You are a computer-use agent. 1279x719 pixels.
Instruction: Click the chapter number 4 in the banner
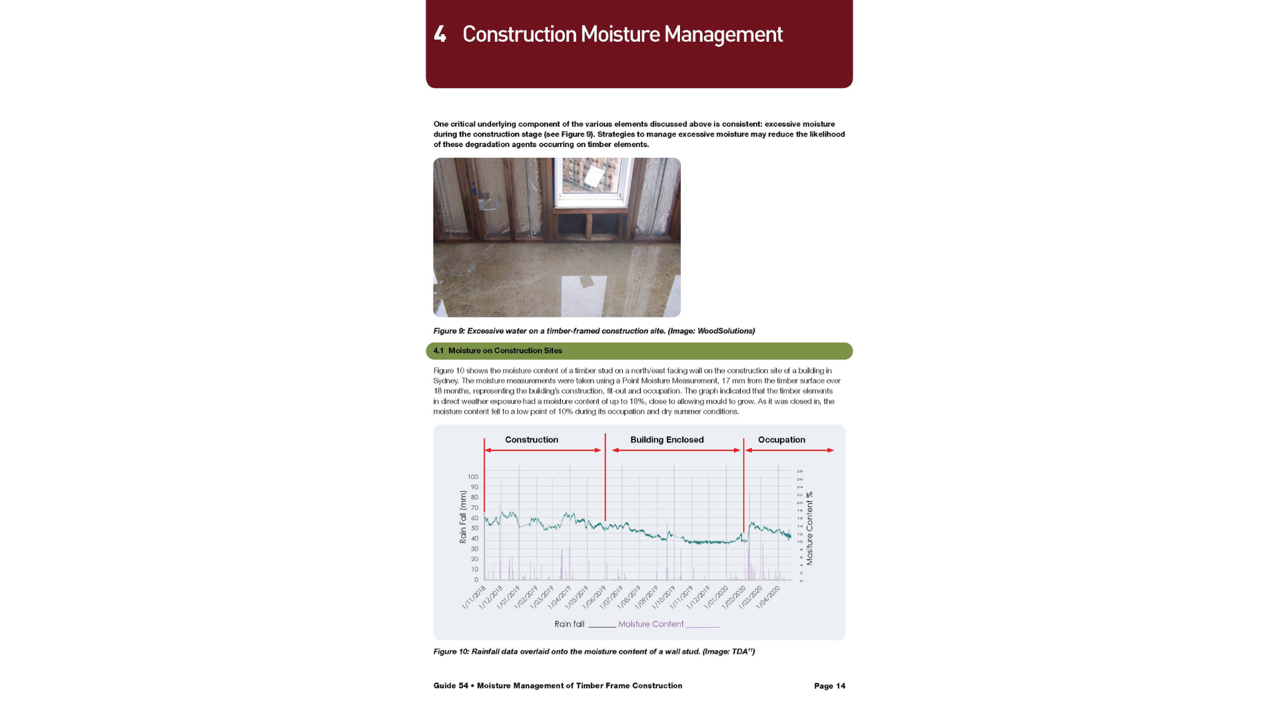coord(440,34)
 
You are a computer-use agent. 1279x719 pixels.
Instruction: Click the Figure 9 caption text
coord(594,331)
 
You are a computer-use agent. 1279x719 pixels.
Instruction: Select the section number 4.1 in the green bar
coord(438,351)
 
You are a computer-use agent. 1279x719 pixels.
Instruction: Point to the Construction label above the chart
coord(531,440)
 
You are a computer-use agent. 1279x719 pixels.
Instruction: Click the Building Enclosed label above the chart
coord(667,440)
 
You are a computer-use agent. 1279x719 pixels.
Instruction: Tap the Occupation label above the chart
coord(781,440)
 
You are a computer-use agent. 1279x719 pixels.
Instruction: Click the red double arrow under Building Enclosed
coord(675,451)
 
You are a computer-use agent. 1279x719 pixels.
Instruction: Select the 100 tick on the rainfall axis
coord(473,477)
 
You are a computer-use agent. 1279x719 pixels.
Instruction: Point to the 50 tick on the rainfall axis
coord(474,528)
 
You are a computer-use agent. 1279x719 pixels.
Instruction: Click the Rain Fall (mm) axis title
coord(463,517)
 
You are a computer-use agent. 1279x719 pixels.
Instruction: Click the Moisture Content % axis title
coord(809,529)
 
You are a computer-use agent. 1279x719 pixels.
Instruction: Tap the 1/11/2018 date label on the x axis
coord(474,597)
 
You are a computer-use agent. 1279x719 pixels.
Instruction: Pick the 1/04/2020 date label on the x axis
coord(768,597)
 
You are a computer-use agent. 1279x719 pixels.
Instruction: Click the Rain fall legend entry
coord(570,624)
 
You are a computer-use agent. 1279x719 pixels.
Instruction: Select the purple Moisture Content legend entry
coord(651,624)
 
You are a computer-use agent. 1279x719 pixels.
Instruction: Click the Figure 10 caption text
coord(594,652)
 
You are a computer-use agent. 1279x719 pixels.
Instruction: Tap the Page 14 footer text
coord(829,686)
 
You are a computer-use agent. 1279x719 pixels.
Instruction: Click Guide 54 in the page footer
coord(451,686)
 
